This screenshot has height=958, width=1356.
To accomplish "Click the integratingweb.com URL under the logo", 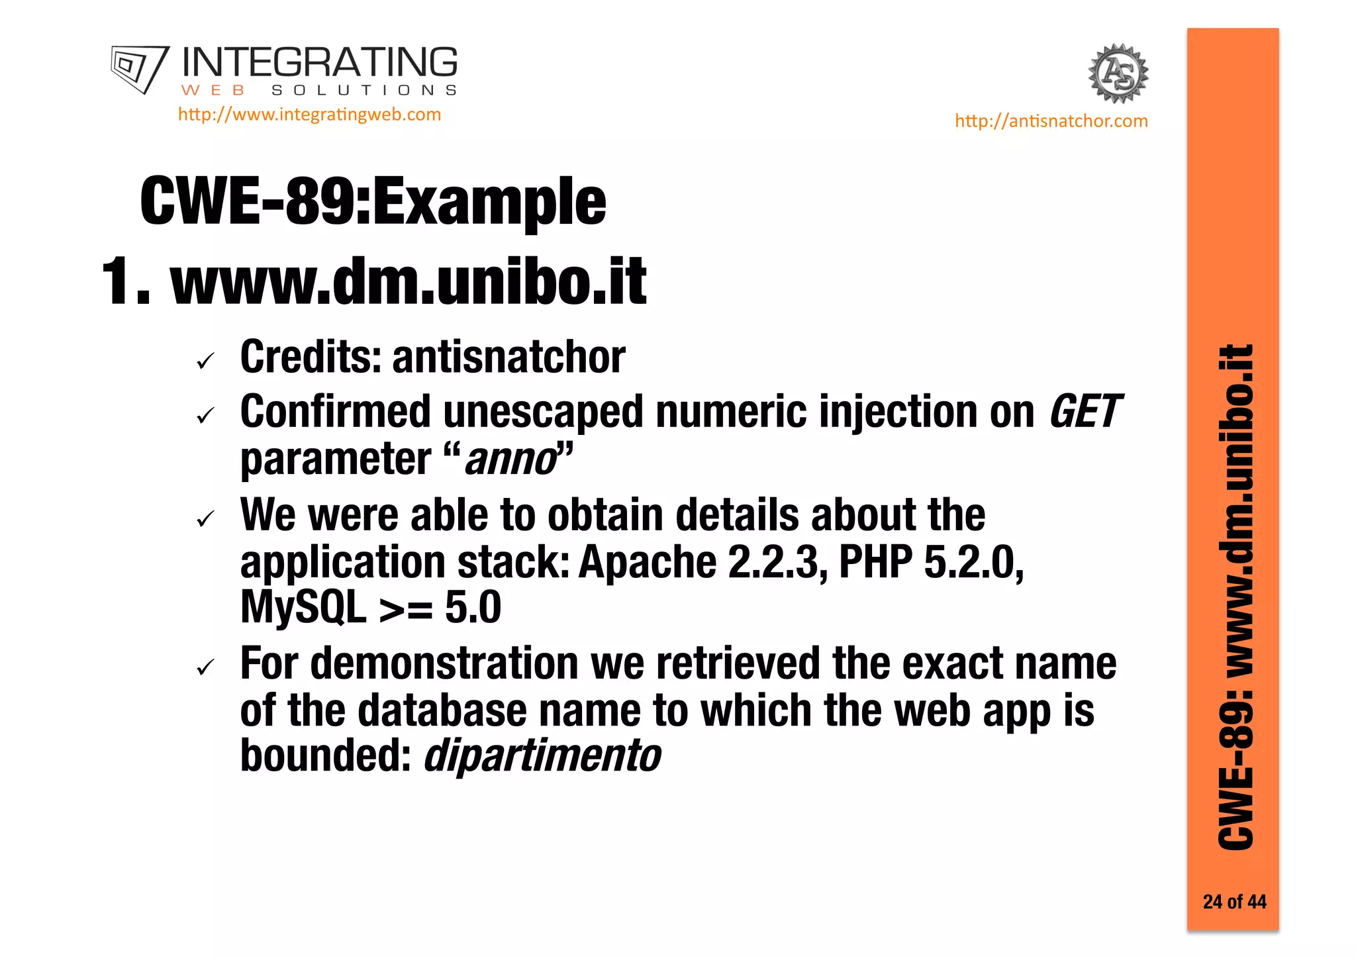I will click(x=309, y=115).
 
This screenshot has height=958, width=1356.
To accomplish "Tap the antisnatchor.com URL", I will click(x=1051, y=121).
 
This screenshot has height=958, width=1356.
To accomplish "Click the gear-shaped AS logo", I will click(x=1118, y=73).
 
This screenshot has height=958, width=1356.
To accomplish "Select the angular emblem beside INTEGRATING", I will click(x=140, y=69).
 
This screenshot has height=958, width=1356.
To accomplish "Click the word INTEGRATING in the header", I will click(x=319, y=63).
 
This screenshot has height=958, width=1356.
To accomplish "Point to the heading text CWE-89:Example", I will click(x=373, y=201).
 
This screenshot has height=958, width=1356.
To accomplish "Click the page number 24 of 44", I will click(x=1234, y=902).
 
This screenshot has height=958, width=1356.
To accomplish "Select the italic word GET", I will click(x=1084, y=412).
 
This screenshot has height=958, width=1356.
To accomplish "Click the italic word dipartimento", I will click(x=542, y=755).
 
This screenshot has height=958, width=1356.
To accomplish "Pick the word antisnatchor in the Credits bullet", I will click(x=508, y=358).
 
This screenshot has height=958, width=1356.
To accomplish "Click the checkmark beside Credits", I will click(x=206, y=361).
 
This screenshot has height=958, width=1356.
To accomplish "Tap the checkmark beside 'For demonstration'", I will click(x=206, y=667).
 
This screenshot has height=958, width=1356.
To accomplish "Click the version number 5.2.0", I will click(x=973, y=562).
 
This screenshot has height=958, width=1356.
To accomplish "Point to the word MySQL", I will click(x=303, y=607).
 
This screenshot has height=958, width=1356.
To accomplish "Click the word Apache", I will click(x=648, y=562).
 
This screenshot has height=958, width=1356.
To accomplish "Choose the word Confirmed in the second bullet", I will click(x=335, y=412).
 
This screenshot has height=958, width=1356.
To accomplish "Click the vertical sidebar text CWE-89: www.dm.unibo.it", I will click(x=1235, y=596).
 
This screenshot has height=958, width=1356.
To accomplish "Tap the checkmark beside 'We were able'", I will click(x=206, y=519).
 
